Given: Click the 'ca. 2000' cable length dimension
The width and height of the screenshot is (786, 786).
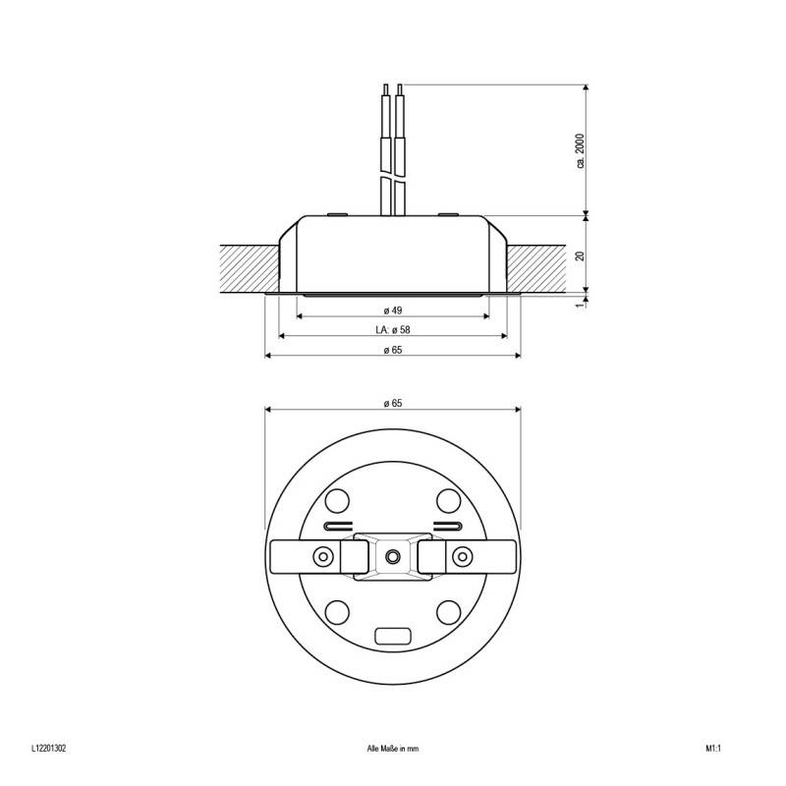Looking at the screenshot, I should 581,149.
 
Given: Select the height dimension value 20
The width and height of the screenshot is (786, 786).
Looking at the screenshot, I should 581,254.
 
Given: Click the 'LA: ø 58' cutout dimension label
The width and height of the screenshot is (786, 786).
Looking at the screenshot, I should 393,329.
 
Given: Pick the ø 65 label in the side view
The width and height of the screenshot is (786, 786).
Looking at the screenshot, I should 393,350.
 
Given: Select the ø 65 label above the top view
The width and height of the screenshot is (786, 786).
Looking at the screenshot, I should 393,403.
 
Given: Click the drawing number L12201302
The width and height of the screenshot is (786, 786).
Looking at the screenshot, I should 48,748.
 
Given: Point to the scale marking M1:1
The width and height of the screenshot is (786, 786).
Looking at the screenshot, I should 713,748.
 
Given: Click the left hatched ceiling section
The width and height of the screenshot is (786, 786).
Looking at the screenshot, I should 250,267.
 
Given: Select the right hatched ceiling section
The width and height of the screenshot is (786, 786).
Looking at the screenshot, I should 538,267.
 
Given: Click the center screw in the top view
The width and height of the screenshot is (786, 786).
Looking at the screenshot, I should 393,556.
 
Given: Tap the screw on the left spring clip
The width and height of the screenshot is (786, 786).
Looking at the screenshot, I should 322,557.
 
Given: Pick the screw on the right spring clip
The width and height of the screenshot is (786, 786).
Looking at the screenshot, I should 461,557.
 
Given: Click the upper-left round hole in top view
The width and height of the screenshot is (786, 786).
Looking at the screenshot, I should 337,500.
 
